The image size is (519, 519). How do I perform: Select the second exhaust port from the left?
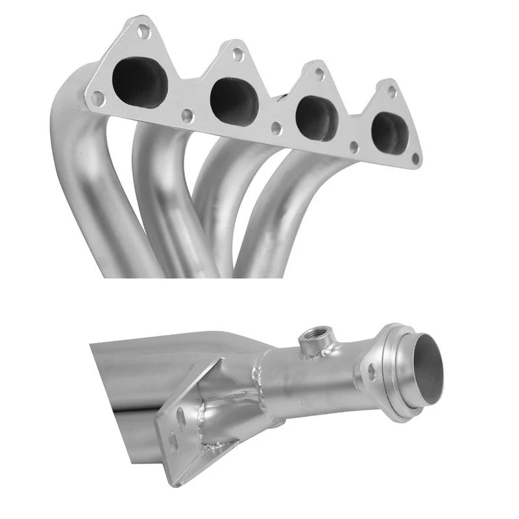234,101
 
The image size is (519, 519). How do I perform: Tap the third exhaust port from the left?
317,118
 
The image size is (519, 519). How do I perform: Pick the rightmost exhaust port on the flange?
390,133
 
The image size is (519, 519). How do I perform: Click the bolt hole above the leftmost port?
144,31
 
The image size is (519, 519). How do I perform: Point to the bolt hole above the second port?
238,54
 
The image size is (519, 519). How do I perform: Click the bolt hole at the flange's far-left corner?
97,98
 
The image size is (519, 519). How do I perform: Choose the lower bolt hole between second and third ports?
276,128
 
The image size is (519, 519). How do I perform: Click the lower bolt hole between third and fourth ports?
354,147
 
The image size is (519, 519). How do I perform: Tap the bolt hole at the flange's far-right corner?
415,158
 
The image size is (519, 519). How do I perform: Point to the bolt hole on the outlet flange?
372,372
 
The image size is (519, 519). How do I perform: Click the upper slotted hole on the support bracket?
181,418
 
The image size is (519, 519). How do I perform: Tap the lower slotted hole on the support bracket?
174,442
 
